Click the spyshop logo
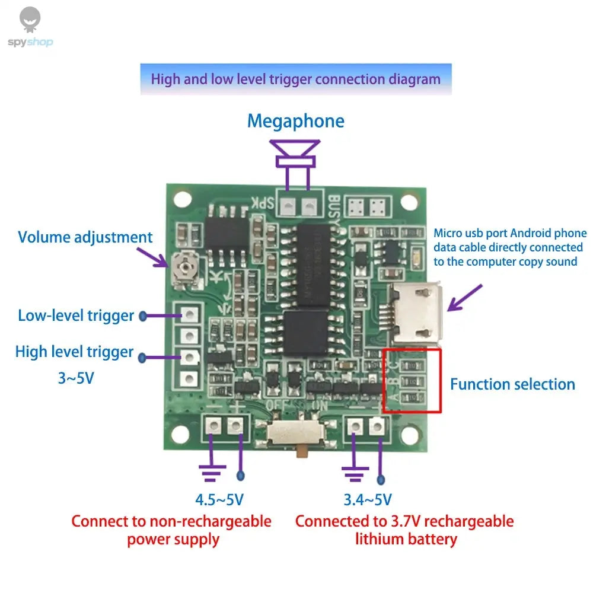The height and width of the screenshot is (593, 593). point(30,27)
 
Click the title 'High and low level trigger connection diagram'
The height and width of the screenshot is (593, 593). point(295,79)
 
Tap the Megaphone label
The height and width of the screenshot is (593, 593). point(295,121)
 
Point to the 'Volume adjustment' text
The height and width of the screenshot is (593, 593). point(85,237)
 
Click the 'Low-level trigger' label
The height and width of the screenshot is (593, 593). point(76,315)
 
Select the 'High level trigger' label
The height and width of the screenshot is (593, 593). point(74,352)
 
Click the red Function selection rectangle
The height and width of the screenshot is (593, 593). point(412,380)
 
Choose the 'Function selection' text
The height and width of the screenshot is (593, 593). point(512,384)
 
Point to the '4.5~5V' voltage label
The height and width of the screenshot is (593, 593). point(219,500)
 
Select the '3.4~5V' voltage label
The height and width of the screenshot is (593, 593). point(367,500)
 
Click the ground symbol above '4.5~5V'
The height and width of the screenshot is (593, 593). point(212,471)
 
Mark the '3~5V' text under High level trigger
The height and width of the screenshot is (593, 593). point(76,378)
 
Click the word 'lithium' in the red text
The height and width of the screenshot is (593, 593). point(380,539)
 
